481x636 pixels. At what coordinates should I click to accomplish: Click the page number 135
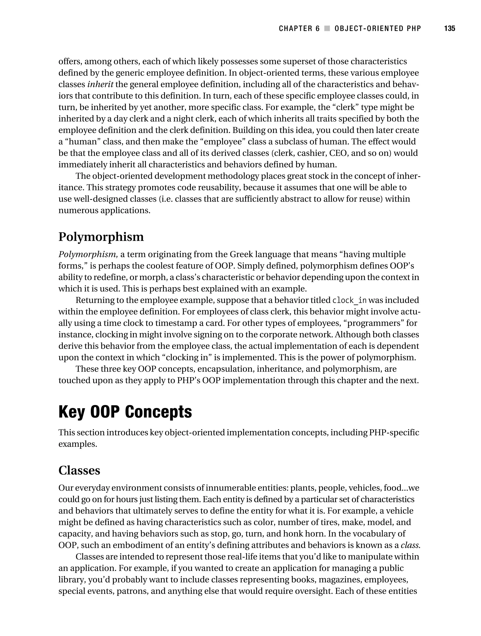click(449, 28)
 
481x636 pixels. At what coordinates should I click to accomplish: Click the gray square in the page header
click(327, 28)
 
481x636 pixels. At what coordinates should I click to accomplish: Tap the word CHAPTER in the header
click(296, 28)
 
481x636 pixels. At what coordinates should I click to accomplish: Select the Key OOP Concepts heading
click(125, 412)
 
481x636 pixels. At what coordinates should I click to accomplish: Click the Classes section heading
click(79, 470)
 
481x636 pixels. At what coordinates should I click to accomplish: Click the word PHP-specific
click(394, 432)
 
